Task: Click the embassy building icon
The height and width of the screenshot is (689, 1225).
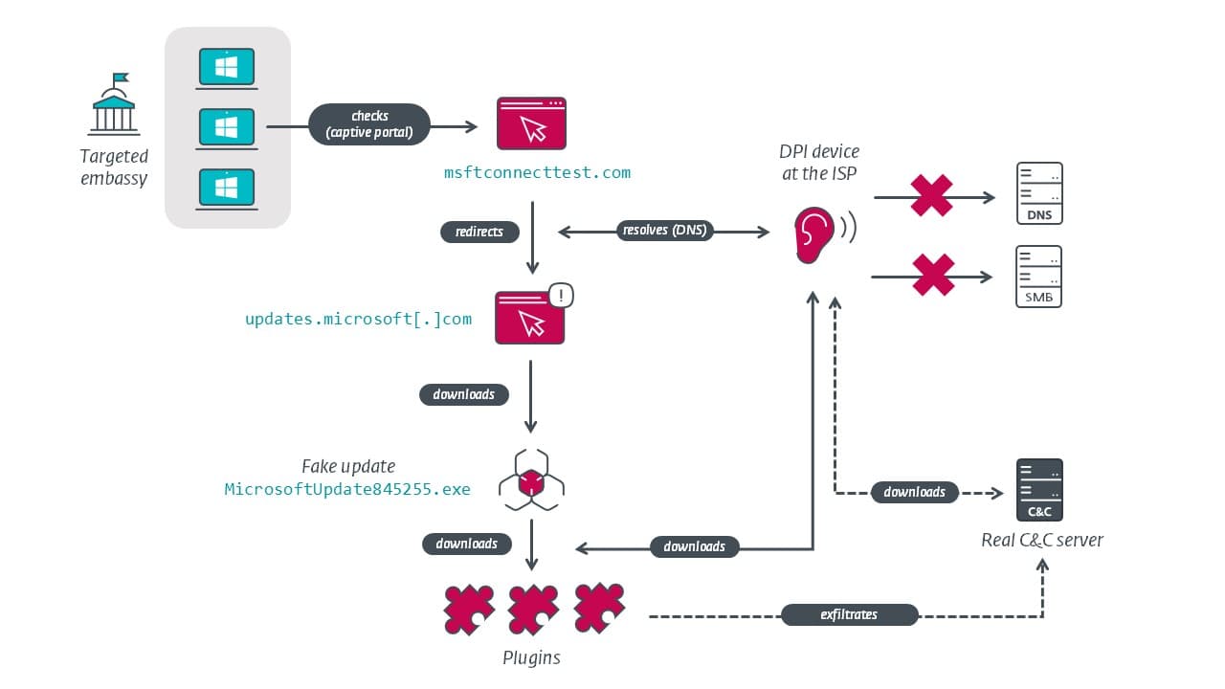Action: click(114, 104)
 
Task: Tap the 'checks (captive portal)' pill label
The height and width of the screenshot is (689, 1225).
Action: click(369, 123)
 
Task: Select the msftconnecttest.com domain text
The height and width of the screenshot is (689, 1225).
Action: click(537, 172)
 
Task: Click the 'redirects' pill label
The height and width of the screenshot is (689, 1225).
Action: click(479, 232)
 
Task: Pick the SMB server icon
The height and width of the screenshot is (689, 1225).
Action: click(1039, 277)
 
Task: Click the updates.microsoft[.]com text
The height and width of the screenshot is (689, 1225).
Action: click(358, 319)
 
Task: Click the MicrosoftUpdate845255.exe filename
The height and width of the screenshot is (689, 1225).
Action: click(347, 489)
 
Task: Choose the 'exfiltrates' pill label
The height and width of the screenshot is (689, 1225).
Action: click(849, 614)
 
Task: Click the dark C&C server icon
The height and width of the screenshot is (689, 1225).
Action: click(1039, 490)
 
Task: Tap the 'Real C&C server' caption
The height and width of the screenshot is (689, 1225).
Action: click(1042, 540)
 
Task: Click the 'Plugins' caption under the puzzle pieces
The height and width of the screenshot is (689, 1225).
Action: click(531, 657)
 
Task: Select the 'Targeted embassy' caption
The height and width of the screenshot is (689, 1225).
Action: click(114, 167)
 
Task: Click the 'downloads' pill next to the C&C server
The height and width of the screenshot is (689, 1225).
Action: click(914, 492)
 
